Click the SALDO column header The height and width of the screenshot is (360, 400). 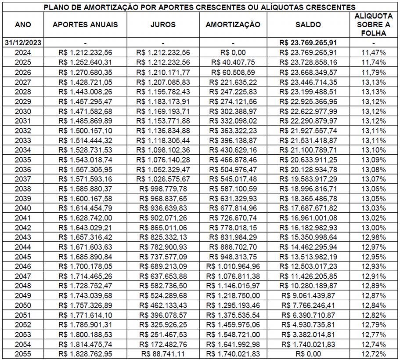click(308, 25)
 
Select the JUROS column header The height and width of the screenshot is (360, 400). click(163, 25)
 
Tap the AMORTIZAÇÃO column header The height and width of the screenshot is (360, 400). click(233, 25)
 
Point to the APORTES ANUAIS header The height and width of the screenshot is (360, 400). click(85, 25)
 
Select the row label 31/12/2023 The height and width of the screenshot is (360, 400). click(23, 43)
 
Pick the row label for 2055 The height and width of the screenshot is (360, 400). click(23, 354)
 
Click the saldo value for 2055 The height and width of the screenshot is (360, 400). click(308, 354)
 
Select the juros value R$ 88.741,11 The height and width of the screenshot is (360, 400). click(163, 354)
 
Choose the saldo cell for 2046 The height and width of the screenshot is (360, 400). click(308, 266)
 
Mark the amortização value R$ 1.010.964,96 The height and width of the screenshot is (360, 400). click(233, 266)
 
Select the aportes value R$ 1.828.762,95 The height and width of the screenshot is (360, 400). click(85, 354)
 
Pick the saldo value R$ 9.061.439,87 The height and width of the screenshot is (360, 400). click(308, 295)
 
